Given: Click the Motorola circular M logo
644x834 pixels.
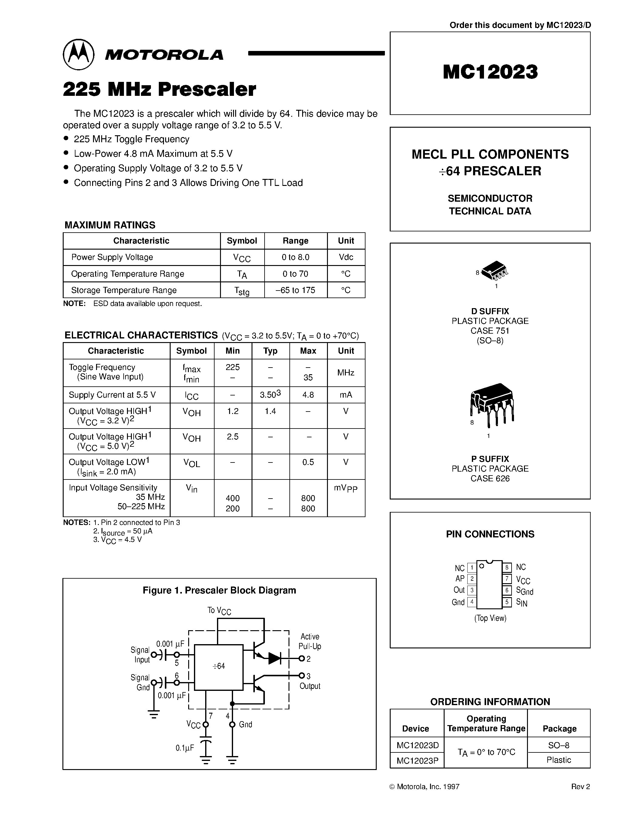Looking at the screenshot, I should [78, 55].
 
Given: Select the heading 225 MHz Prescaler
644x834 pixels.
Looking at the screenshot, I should [159, 89].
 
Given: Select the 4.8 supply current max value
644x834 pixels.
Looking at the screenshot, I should [308, 395].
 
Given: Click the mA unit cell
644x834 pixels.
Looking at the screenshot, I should [346, 395].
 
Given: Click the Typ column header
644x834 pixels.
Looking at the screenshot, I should [270, 351].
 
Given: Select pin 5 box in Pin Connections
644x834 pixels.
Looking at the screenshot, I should [507, 602].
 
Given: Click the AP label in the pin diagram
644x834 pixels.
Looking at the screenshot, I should [460, 579].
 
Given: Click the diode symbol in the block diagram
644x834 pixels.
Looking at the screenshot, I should [275, 658].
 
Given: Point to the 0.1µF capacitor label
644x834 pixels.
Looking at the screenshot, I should [185, 748].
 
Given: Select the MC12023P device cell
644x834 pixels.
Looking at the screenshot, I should [417, 761].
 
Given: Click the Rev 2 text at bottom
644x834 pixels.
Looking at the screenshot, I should [580, 787].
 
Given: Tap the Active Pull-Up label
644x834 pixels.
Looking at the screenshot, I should [309, 641].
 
